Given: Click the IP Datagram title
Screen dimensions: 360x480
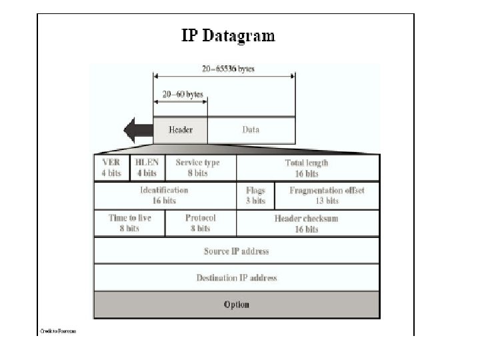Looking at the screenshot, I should click(x=228, y=35).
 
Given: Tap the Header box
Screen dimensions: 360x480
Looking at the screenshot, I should click(x=181, y=130).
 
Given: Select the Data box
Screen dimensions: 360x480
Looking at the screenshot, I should click(x=251, y=130).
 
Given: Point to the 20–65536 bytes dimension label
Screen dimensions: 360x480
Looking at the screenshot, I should click(x=228, y=69).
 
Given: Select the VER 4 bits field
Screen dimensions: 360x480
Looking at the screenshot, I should click(x=111, y=168).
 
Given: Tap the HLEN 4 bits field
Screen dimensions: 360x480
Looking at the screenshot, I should click(x=147, y=168).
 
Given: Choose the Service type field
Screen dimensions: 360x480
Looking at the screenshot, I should click(x=197, y=168).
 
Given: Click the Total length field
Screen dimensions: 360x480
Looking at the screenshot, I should click(x=307, y=168).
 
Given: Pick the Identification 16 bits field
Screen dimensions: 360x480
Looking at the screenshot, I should click(x=164, y=195).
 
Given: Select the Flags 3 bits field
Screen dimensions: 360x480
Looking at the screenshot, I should click(x=255, y=195).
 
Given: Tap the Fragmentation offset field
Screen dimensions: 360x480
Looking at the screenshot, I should click(x=327, y=195).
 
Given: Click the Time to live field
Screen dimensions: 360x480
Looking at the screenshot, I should click(x=129, y=223).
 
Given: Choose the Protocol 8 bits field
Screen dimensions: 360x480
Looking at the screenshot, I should click(x=200, y=223).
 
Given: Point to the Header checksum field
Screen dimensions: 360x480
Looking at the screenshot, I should click(x=307, y=223).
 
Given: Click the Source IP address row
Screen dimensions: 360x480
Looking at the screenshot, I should click(x=237, y=251).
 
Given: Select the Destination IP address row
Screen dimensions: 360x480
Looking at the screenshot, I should click(x=237, y=278).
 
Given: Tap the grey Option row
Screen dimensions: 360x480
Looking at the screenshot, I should click(x=237, y=305).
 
